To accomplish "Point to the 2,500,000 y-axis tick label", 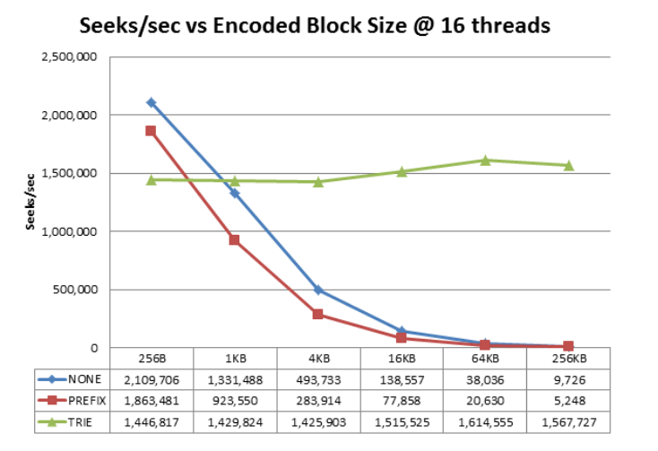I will click(72, 57).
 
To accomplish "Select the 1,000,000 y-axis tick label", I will click(72, 231).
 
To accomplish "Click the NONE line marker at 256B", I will click(152, 102).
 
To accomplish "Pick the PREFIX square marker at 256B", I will click(152, 131).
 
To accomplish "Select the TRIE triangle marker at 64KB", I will click(485, 160).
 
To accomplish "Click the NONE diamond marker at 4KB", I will click(318, 291).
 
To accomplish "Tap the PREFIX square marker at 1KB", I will click(235, 239).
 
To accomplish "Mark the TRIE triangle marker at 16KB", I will click(402, 171).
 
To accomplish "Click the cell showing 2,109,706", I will click(152, 378).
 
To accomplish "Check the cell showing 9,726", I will click(568, 378).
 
